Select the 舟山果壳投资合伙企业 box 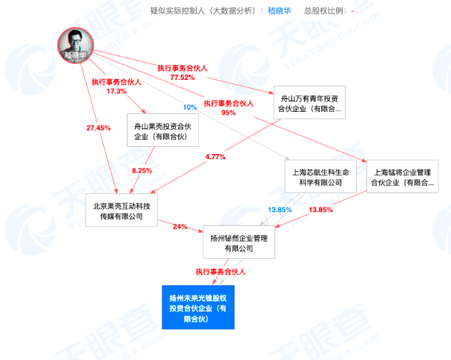[x=162, y=130]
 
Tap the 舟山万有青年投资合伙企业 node [x=309, y=103]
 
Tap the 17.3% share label [x=116, y=91]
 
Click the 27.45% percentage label [x=99, y=128]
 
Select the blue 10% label [x=190, y=107]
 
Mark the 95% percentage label [x=229, y=113]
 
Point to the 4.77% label [x=214, y=156]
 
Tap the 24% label [x=179, y=227]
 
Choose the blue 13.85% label [x=280, y=210]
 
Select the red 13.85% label [x=321, y=210]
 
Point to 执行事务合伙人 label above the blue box [x=221, y=272]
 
